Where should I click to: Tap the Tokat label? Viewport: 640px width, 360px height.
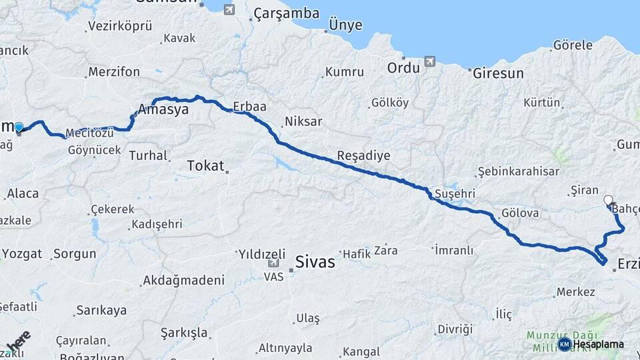(x=205, y=165)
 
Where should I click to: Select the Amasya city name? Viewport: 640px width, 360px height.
(x=163, y=110)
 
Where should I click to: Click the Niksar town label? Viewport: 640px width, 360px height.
(x=303, y=121)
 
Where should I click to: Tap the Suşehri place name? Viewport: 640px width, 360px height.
(x=454, y=193)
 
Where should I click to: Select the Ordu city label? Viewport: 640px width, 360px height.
(x=403, y=68)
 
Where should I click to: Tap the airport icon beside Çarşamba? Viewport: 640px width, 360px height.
(x=229, y=9)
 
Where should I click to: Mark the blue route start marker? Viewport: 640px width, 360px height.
(x=19, y=127)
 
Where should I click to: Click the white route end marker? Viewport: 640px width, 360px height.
(x=608, y=199)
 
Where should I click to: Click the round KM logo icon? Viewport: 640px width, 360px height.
(x=564, y=344)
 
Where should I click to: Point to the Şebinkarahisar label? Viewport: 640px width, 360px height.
(x=518, y=171)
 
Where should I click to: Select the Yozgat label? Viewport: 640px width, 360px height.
(x=22, y=253)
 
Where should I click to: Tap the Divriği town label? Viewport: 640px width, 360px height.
(x=455, y=329)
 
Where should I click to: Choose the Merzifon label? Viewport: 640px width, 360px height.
(x=114, y=71)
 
